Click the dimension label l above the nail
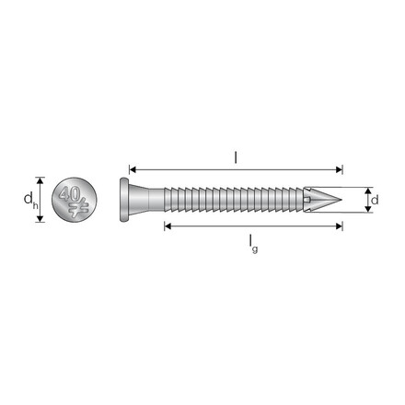(236, 156)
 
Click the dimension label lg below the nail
(251, 241)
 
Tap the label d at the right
(376, 198)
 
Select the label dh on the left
(29, 200)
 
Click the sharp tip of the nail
(341, 198)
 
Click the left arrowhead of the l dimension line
(133, 170)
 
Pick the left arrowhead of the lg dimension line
(168, 226)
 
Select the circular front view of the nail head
(74, 200)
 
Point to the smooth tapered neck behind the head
(147, 198)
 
